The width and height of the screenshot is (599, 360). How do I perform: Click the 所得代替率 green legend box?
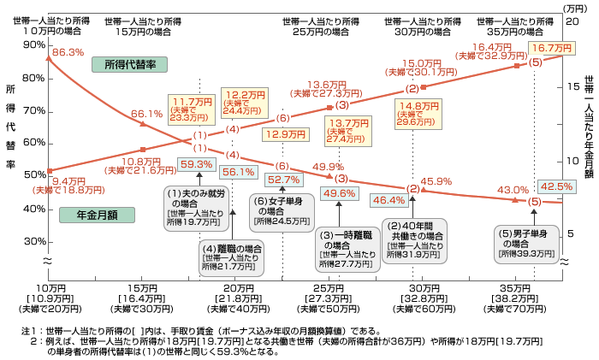[129, 64]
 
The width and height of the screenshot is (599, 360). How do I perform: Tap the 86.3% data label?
[68, 53]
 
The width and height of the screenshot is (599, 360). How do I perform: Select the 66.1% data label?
[146, 114]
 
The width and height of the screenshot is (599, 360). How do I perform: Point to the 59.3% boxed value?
[220, 164]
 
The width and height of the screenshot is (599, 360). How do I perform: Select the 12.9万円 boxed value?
[285, 134]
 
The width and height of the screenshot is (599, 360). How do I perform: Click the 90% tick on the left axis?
[35, 45]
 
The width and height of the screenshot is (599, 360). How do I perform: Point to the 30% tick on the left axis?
[35, 242]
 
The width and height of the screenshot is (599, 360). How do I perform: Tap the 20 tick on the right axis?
[574, 18]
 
